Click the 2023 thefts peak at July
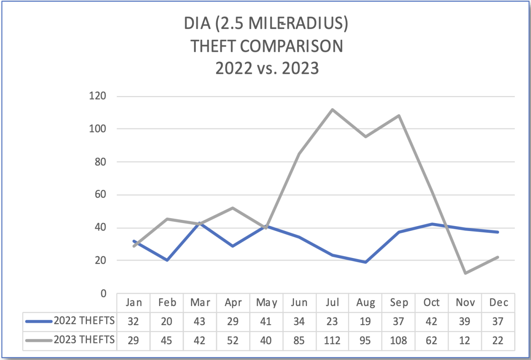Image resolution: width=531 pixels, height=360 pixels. coord(332,109)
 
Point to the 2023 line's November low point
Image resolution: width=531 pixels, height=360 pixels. coord(465,273)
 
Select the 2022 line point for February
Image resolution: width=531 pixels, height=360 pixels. coord(167,260)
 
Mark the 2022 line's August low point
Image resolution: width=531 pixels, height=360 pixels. coord(365,262)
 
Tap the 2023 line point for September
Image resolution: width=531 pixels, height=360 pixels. coord(399,115)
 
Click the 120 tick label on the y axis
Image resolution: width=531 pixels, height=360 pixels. coord(98,96)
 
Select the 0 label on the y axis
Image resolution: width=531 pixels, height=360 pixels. coord(103,294)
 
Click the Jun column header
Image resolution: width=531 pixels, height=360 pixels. coord(299,302)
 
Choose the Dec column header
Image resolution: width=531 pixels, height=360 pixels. coord(498,302)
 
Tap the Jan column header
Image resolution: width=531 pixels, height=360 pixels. coord(134,302)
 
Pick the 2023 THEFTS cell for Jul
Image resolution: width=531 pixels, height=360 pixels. coord(332,341)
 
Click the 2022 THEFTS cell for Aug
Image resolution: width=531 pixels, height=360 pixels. coord(365,321)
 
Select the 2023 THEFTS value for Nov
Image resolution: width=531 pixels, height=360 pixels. coord(465,341)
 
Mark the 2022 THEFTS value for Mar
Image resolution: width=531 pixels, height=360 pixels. coord(200,321)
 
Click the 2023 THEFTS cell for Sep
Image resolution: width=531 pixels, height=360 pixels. coord(399,341)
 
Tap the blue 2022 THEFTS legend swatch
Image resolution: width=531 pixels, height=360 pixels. coord(39,321)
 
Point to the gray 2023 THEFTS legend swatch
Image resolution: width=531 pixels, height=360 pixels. coord(39,341)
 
